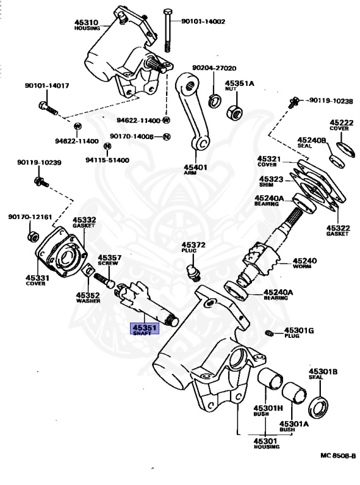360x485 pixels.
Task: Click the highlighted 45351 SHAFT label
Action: [145, 329]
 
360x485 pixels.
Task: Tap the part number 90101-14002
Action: [203, 21]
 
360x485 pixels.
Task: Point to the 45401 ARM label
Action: [195, 169]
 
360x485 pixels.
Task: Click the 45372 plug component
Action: [193, 272]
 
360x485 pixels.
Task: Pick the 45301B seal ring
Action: [318, 407]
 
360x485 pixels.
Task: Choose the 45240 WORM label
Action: [304, 263]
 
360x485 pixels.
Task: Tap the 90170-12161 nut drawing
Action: [33, 237]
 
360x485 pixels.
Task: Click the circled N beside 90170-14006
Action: [166, 136]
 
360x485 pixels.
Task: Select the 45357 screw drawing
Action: [104, 280]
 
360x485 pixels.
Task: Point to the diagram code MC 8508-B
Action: [338, 455]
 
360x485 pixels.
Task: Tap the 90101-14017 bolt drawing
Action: [48, 107]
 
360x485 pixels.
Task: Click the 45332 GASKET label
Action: [84, 222]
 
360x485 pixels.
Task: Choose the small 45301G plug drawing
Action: [269, 333]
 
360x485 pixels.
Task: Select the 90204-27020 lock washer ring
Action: [214, 100]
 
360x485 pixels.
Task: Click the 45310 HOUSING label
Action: [87, 25]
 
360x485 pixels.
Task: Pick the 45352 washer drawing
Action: [88, 271]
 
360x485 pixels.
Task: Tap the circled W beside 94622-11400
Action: [166, 120]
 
